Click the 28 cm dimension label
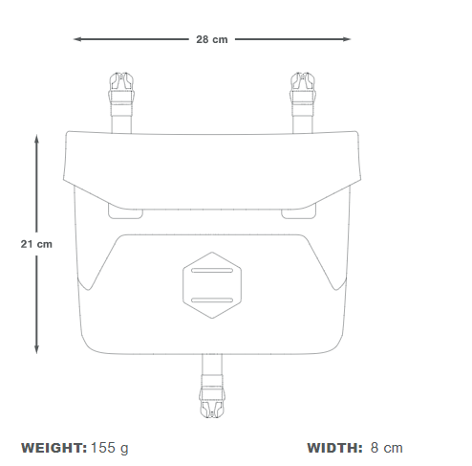coord(212,39)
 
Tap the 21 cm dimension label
coord(36,244)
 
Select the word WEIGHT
coord(54,448)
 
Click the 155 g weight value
coord(110,449)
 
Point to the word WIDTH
coord(334,448)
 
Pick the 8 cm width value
coord(387,448)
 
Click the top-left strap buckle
coord(121,88)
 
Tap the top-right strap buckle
coord(303,88)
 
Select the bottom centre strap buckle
coord(212,400)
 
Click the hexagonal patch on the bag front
coord(212,285)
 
